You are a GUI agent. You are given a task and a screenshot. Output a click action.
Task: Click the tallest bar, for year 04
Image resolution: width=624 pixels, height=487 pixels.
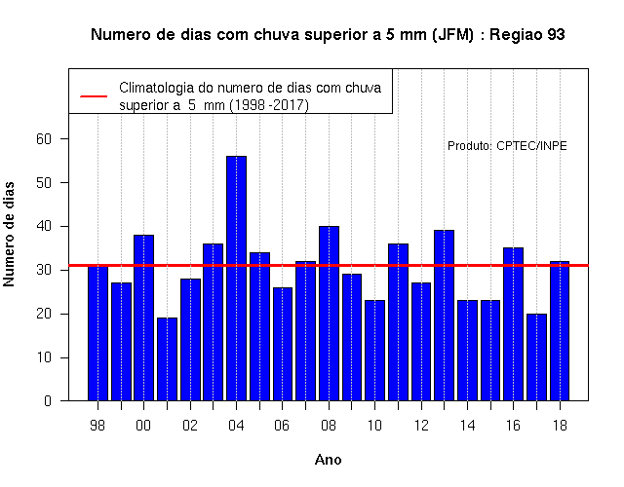pos(236,279)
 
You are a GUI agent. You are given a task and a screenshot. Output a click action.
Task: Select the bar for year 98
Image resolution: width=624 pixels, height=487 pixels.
pos(97,333)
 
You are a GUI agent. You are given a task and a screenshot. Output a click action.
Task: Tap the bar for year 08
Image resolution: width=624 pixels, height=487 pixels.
pos(330,314)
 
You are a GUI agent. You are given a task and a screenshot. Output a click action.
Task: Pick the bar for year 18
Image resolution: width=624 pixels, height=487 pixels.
pos(560,331)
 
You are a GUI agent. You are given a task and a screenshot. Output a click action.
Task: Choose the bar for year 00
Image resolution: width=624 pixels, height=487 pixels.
pos(143,318)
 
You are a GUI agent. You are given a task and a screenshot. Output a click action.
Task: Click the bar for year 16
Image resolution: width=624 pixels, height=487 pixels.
pos(514,324)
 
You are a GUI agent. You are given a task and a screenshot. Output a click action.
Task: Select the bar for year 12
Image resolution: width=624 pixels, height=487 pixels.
pos(421,342)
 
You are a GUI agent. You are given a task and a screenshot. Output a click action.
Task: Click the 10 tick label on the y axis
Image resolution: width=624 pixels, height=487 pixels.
pos(44,357)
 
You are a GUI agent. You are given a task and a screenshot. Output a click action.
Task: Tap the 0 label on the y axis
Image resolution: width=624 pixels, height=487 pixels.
pos(48,400)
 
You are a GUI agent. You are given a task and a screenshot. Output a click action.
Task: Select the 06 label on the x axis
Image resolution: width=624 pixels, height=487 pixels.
pos(282,426)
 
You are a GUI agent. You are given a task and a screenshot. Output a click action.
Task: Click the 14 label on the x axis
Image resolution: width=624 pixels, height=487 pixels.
pos(467,426)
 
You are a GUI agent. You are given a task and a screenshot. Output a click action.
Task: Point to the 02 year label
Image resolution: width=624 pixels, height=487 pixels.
pos(190,426)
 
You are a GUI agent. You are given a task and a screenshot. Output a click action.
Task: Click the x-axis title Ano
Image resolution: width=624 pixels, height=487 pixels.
pos(328,460)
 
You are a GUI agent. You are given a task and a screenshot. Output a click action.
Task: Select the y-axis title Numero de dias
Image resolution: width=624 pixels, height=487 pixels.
pos(9,234)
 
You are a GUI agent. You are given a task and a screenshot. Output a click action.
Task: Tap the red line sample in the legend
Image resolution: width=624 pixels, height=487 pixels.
pos(94,96)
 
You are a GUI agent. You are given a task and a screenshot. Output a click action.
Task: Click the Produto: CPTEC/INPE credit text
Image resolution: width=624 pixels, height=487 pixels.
pos(507,146)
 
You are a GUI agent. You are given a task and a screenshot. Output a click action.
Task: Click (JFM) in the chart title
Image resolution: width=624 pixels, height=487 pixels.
pos(452,35)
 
